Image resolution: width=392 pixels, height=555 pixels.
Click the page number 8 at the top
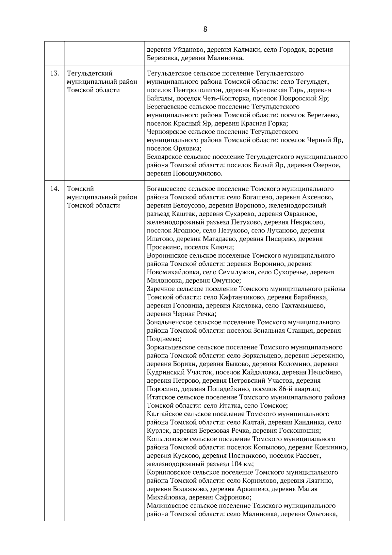tap(205, 29)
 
